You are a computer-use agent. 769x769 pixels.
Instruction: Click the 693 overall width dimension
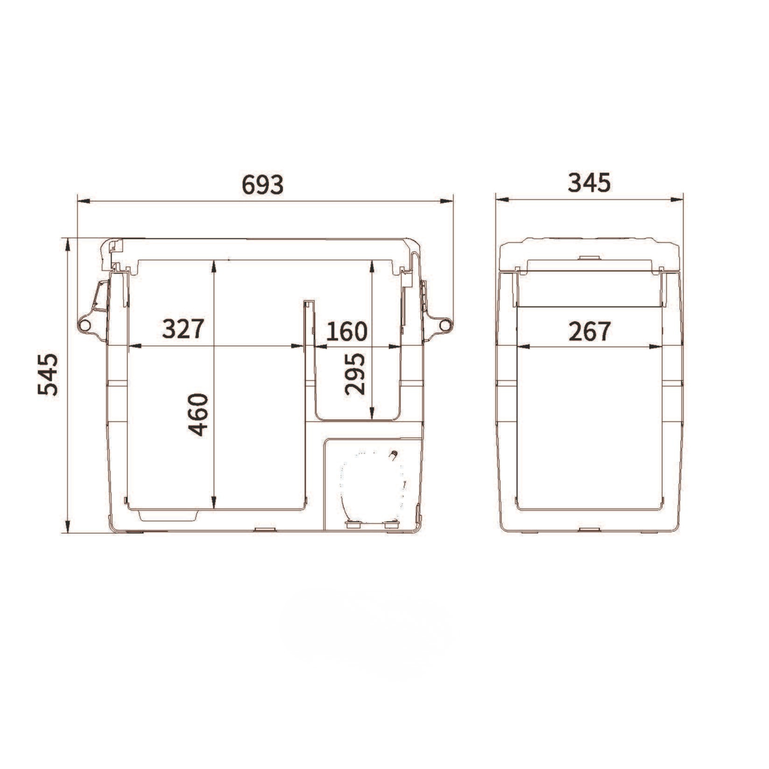[262, 184]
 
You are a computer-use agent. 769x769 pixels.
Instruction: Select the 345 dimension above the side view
[589, 183]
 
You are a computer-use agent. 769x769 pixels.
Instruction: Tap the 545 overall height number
[48, 374]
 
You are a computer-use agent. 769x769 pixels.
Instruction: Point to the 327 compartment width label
[183, 329]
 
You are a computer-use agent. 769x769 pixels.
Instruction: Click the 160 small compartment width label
[347, 331]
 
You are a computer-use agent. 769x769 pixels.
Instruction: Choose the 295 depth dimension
[355, 374]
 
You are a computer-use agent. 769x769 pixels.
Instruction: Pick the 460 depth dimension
[198, 414]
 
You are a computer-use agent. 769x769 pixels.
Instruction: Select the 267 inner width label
[590, 331]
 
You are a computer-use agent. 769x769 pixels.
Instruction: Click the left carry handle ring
[84, 325]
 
